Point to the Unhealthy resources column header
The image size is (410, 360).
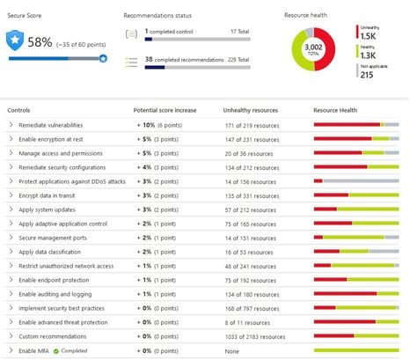(x=253, y=111)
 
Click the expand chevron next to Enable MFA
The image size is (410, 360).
(x=11, y=350)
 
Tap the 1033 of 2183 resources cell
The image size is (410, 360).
(x=255, y=336)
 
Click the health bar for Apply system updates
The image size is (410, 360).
(x=355, y=210)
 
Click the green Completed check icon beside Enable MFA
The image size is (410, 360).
(x=55, y=350)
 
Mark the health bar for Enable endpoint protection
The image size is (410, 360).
(x=355, y=280)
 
